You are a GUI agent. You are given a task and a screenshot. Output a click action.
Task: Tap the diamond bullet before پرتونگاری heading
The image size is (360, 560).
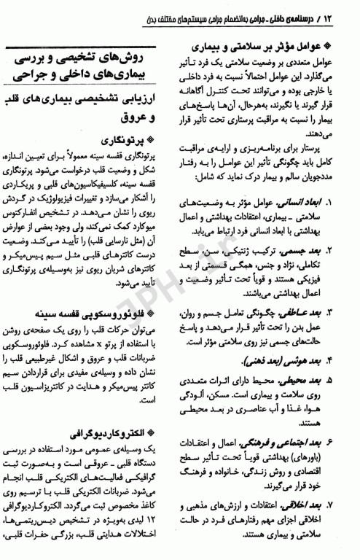164,137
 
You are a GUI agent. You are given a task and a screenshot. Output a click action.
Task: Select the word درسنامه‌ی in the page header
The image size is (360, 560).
305,14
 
